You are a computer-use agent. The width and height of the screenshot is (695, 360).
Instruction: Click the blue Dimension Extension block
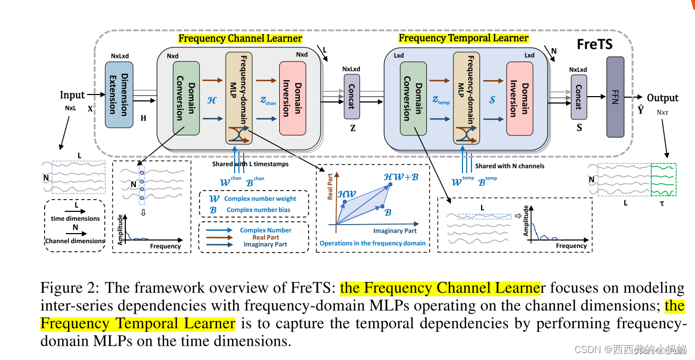pyautogui.click(x=119, y=95)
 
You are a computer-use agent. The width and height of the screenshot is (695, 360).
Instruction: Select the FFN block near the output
pyautogui.click(x=615, y=97)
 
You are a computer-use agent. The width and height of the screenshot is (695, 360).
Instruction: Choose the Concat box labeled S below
pyautogui.click(x=579, y=97)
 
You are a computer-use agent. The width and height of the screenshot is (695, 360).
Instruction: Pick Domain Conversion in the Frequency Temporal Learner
pyautogui.click(x=413, y=98)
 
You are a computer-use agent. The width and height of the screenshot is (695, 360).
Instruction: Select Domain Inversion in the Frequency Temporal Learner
pyautogui.click(x=519, y=99)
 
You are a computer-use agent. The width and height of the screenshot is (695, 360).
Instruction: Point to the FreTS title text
pyautogui.click(x=595, y=45)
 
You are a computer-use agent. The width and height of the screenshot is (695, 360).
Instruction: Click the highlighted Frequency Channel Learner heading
pyautogui.click(x=240, y=38)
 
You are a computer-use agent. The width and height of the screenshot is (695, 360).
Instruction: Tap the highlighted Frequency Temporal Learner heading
pyautogui.click(x=463, y=38)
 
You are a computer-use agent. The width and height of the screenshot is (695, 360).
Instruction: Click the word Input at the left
pyautogui.click(x=72, y=95)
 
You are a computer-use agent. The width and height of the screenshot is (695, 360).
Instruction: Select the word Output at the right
pyautogui.click(x=662, y=98)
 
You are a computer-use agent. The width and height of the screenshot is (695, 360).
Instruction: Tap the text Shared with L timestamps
pyautogui.click(x=250, y=164)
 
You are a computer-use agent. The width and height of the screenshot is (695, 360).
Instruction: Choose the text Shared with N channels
pyautogui.click(x=509, y=166)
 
